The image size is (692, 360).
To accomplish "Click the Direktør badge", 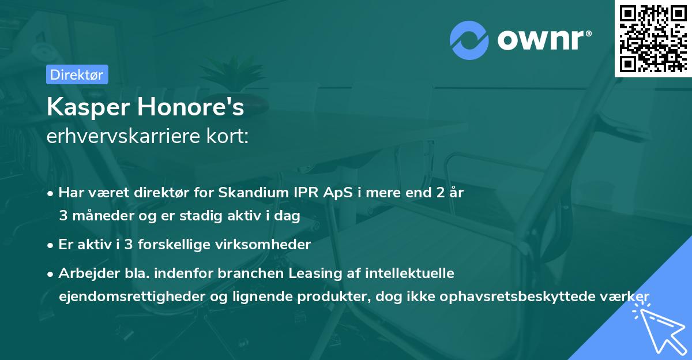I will point(77,74).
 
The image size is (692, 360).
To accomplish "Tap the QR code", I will point(653,38).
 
